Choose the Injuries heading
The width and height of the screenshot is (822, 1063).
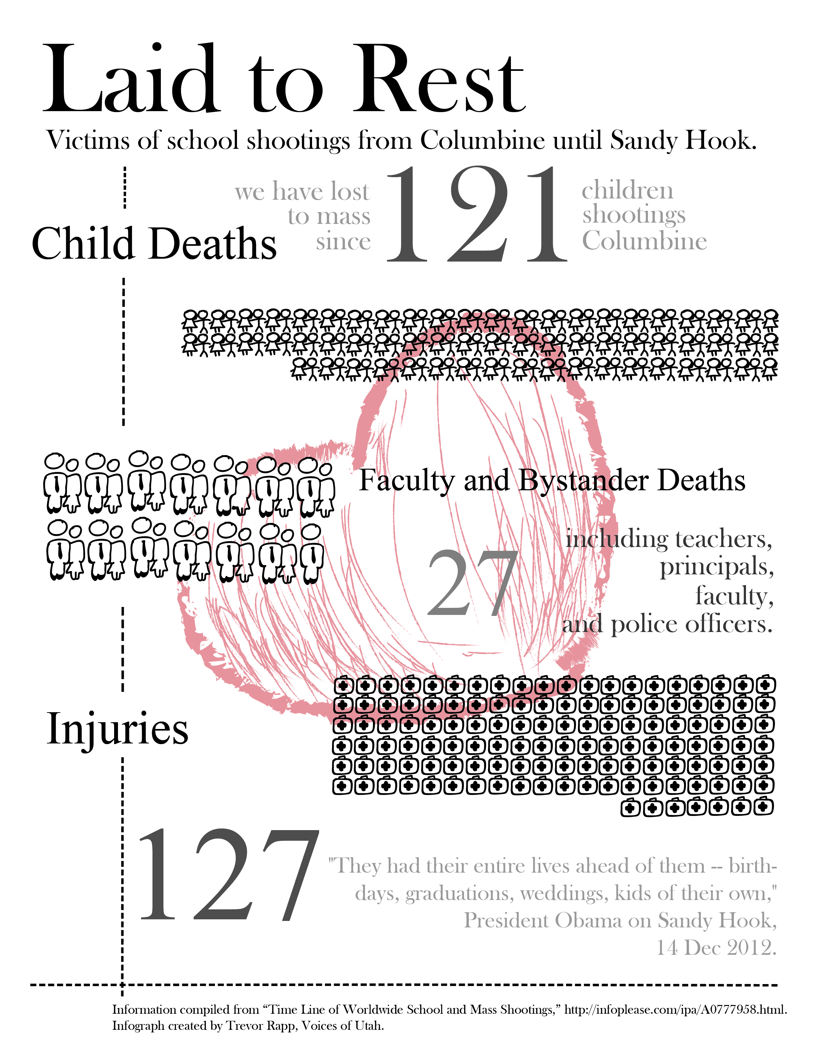[117, 729]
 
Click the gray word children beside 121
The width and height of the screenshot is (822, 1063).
[627, 190]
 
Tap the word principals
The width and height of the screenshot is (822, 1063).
[716, 567]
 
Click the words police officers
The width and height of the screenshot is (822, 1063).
[691, 625]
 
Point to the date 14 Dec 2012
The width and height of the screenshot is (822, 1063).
[716, 948]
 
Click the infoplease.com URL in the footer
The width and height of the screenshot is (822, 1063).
[675, 1010]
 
